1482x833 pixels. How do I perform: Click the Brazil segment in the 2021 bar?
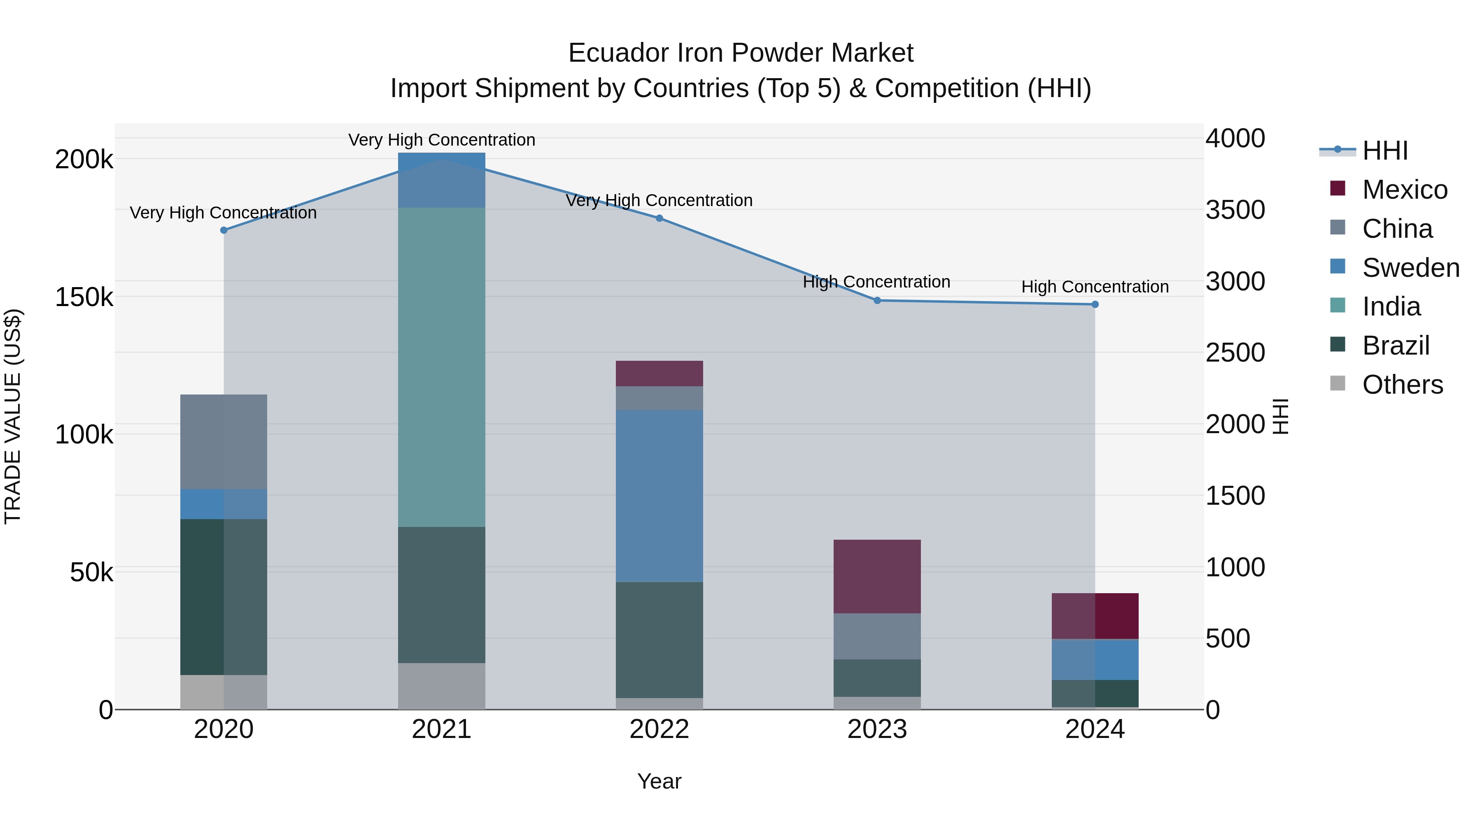pos(441,594)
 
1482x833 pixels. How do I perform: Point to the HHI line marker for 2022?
pos(659,218)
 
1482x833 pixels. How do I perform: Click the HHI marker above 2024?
pos(1095,305)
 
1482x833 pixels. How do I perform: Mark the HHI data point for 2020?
pos(224,230)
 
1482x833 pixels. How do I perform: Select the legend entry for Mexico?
pos(1404,190)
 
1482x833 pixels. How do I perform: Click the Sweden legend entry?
pos(1410,268)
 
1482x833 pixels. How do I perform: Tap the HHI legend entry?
pos(1384,151)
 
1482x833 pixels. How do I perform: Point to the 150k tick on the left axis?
pos(84,298)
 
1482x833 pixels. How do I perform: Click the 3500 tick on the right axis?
pos(1235,210)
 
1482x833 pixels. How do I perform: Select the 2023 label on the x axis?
pos(877,729)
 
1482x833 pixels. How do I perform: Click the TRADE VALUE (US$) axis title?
pos(13,416)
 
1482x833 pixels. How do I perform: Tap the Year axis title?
pos(659,781)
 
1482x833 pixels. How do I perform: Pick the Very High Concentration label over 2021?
pos(441,140)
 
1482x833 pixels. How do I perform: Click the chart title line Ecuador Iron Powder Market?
pos(741,53)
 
